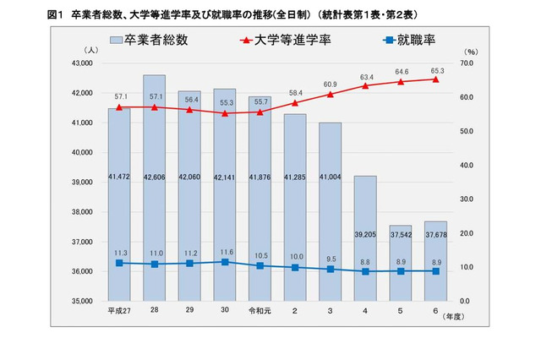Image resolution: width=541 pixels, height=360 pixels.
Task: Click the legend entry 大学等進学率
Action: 286,40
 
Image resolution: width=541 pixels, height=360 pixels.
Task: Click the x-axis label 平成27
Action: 119,311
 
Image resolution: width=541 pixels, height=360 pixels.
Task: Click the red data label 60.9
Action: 330,85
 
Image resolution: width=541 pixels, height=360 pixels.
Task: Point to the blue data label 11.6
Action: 224,252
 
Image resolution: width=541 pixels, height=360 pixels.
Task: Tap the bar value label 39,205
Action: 364,236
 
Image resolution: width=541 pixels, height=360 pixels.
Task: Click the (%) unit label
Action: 471,52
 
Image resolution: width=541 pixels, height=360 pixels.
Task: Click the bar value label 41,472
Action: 119,176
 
